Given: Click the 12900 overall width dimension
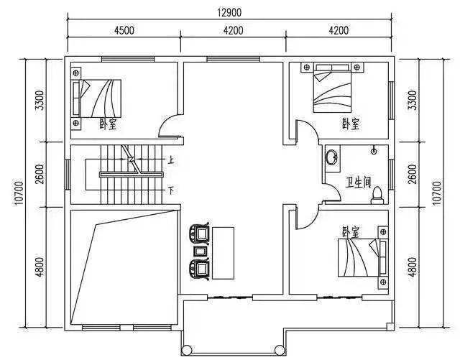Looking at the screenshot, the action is click(229, 13).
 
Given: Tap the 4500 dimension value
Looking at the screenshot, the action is click(124, 30).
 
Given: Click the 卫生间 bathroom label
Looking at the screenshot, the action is click(358, 183).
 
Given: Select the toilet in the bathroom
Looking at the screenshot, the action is click(377, 195).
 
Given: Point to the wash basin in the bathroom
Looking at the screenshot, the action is click(332, 157).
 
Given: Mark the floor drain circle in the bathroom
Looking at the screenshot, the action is click(374, 152).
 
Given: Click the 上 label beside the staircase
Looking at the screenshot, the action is click(171, 160).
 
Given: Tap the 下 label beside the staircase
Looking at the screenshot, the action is click(171, 190).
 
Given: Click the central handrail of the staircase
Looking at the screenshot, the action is click(131, 175).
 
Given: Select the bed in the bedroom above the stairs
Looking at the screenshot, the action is click(97, 98).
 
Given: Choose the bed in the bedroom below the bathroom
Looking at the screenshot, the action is click(362, 257).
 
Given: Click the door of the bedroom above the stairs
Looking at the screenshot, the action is click(170, 126).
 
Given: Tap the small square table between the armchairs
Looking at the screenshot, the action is click(201, 251).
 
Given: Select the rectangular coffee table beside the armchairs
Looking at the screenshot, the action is click(223, 253).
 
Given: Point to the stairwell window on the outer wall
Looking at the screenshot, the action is click(67, 175).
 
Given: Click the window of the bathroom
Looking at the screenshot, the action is click(391, 175).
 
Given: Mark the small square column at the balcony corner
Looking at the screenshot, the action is click(390, 326).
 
